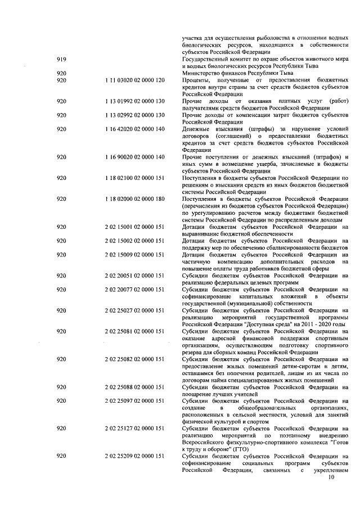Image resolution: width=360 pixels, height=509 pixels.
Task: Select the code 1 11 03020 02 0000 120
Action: coord(135,81)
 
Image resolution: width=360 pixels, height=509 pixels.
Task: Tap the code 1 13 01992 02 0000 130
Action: coord(135,102)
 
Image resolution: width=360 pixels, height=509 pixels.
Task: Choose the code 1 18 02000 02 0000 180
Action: coord(135,200)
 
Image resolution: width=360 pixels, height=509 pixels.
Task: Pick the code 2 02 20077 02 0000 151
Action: coord(135,290)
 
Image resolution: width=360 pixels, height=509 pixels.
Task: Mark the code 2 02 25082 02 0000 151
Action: coord(135,359)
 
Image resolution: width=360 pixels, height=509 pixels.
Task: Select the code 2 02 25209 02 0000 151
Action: coord(135,456)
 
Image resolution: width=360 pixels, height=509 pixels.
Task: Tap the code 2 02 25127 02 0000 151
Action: coord(135,429)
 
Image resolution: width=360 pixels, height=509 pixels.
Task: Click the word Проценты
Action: coord(198,81)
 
